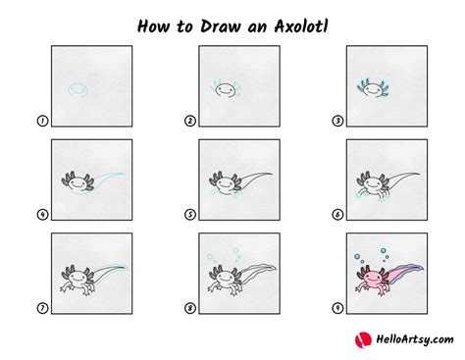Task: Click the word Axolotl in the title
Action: [301, 26]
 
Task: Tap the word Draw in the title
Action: [221, 26]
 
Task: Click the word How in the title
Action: [153, 26]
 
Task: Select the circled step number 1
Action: [42, 121]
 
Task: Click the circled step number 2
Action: [190, 121]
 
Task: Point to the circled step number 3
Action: [337, 121]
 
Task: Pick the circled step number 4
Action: [42, 215]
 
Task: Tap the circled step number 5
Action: [190, 215]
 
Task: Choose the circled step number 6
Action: [337, 215]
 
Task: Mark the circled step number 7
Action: [42, 308]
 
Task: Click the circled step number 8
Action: [190, 308]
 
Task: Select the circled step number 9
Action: [337, 308]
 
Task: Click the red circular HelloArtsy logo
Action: [363, 340]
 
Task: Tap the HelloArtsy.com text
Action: [415, 339]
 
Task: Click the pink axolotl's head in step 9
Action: [373, 279]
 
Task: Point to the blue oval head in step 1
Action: [78, 89]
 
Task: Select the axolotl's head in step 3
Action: [373, 89]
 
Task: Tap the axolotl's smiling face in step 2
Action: [225, 89]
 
